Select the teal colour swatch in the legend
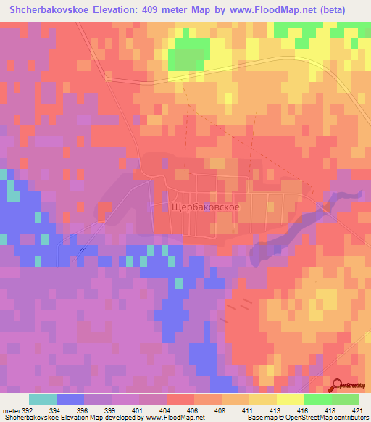coord(42,400)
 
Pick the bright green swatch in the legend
coord(317,400)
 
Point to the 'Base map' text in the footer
coord(261,418)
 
